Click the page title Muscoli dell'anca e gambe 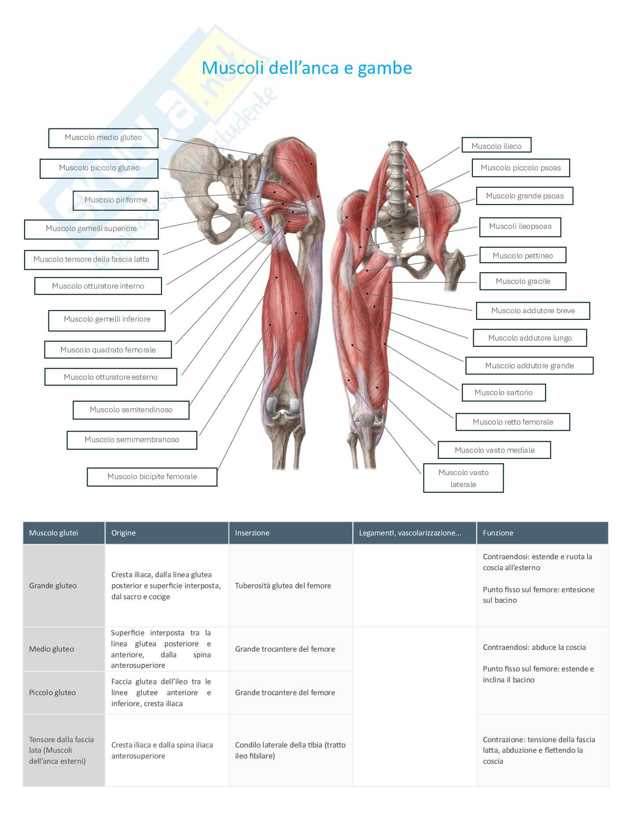[306, 68]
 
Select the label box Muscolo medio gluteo [103, 138]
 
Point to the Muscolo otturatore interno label [98, 286]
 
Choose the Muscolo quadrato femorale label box [108, 350]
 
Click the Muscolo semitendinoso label [131, 410]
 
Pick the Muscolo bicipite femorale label [152, 476]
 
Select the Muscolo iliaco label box [496, 146]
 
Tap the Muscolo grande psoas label [524, 196]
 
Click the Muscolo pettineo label [523, 255]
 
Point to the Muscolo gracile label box [523, 281]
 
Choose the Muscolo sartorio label [503, 392]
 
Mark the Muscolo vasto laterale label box [463, 478]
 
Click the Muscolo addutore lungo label [530, 338]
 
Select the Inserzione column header [252, 533]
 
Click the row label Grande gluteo [53, 586]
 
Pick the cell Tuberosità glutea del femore [283, 586]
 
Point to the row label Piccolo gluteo [52, 692]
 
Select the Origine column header [123, 533]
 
